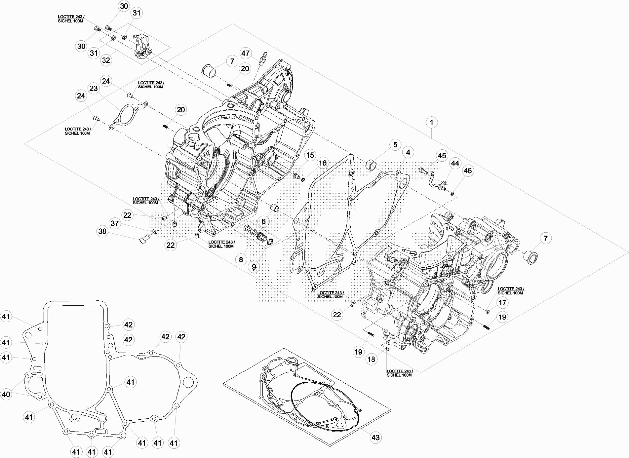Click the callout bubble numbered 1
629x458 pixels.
tap(432, 123)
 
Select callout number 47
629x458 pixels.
tap(245, 53)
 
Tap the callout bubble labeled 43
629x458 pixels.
tap(375, 437)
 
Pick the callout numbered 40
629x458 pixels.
tap(6, 394)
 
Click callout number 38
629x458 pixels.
tap(103, 232)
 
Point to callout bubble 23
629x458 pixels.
tap(94, 88)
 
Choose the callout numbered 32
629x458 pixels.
tap(106, 60)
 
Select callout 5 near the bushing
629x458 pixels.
tap(395, 144)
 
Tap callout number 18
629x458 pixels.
tap(371, 359)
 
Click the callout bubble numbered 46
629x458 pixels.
tap(468, 171)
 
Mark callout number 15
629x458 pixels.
tap(310, 155)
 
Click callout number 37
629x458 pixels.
tap(115, 223)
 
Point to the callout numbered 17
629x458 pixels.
tap(503, 303)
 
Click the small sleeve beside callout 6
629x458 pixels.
tap(275, 208)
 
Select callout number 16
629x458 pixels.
tap(323, 163)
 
